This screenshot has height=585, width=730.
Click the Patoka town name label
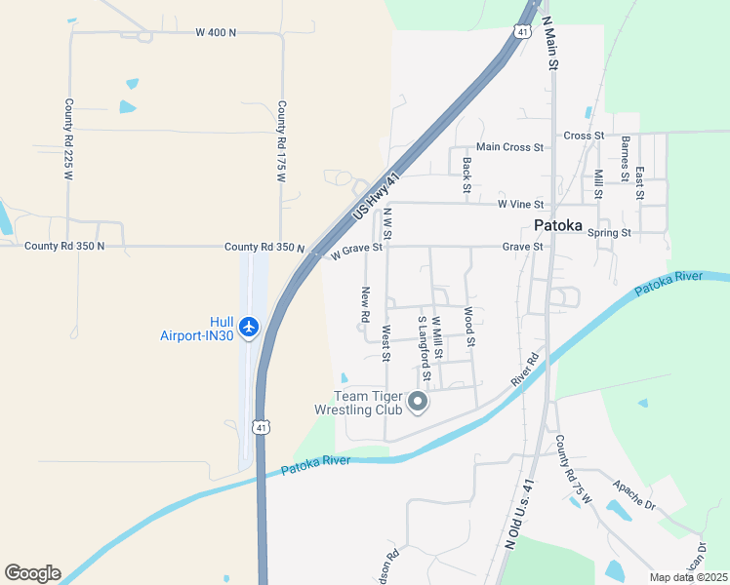click(558, 226)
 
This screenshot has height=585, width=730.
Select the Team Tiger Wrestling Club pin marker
click(418, 402)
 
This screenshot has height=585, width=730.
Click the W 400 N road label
click(216, 33)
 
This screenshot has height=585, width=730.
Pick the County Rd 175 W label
click(282, 142)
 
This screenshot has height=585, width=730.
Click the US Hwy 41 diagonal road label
click(378, 199)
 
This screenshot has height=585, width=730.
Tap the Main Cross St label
click(509, 147)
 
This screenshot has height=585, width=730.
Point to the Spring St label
click(609, 233)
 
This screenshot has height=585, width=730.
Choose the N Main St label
click(549, 44)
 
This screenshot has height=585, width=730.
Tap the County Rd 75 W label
click(574, 470)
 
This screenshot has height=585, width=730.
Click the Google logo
click(32, 573)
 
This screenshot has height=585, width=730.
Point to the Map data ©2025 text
click(689, 577)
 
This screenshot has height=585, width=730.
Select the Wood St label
click(469, 328)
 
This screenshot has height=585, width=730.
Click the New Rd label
click(365, 305)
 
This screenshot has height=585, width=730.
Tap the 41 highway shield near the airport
click(261, 426)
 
